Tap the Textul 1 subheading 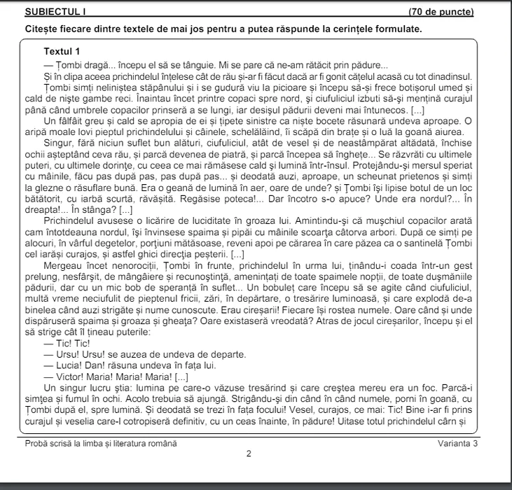pyautogui.click(x=62, y=52)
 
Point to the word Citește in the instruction pyautogui.click(x=39, y=29)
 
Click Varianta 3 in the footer pyautogui.click(x=459, y=443)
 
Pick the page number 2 pyautogui.click(x=249, y=454)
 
